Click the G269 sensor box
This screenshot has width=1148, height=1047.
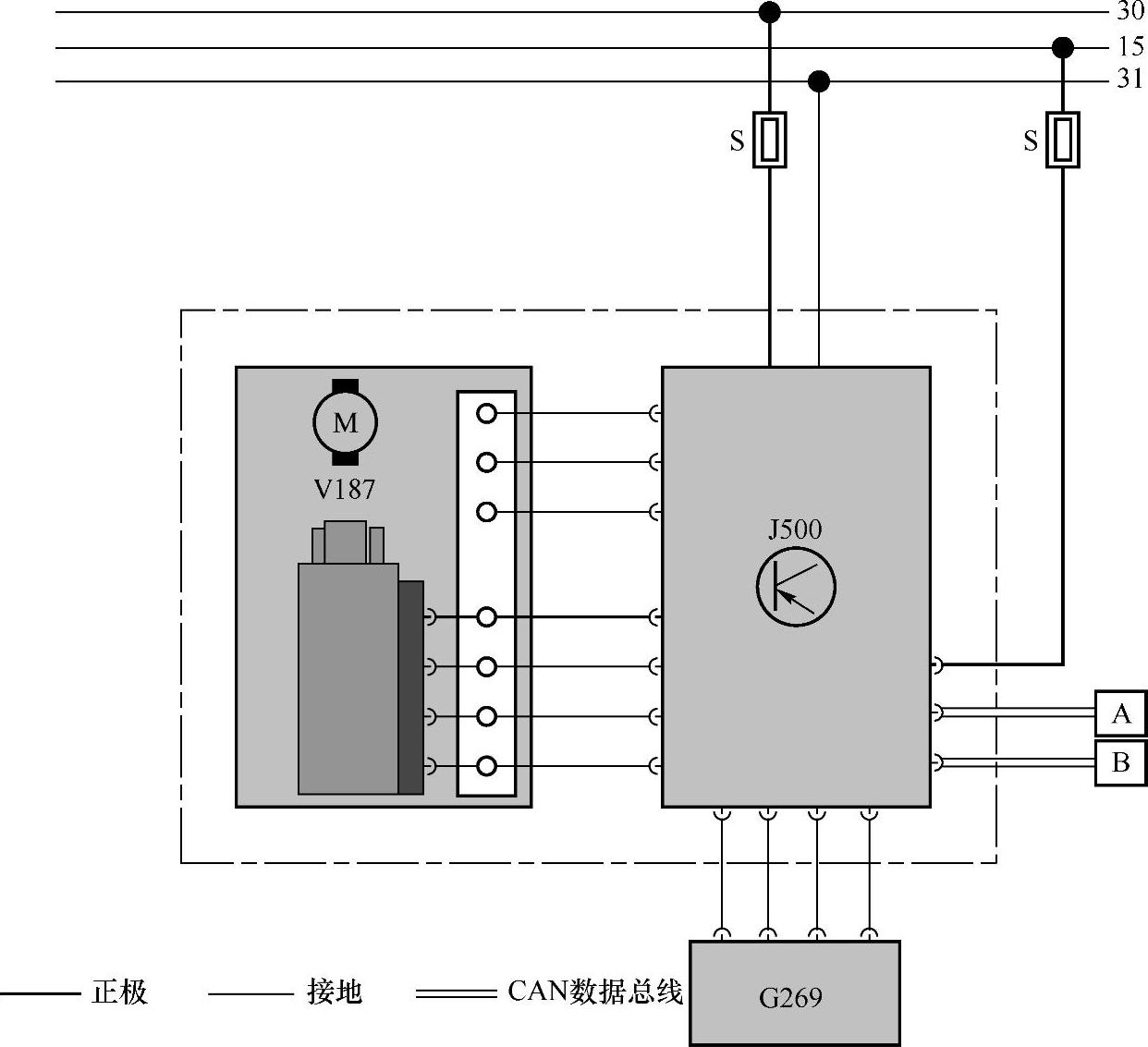pyautogui.click(x=794, y=993)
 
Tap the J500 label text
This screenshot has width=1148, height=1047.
pyautogui.click(x=795, y=530)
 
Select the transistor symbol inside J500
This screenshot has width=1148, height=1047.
pyautogui.click(x=796, y=587)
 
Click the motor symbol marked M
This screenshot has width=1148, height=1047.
pyautogui.click(x=345, y=422)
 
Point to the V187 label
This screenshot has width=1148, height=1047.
pyautogui.click(x=345, y=489)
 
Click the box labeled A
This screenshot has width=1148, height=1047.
pyautogui.click(x=1120, y=713)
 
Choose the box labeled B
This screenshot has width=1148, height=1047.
pyautogui.click(x=1120, y=762)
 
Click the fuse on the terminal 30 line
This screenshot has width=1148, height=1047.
pyautogui.click(x=770, y=140)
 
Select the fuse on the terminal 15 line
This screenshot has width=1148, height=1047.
pyautogui.click(x=1063, y=140)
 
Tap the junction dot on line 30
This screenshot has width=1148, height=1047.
pyautogui.click(x=769, y=12)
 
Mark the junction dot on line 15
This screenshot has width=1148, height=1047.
pyautogui.click(x=1063, y=47)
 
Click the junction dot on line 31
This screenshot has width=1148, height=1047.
pyautogui.click(x=818, y=82)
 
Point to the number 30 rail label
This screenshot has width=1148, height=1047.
pyautogui.click(x=1130, y=11)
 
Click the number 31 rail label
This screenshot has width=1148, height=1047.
pyautogui.click(x=1130, y=79)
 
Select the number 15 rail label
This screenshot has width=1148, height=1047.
pyautogui.click(x=1130, y=46)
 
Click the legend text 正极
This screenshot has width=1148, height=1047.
pyautogui.click(x=120, y=992)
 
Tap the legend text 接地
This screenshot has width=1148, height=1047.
pyautogui.click(x=335, y=992)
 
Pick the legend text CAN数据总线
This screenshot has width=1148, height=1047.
pyautogui.click(x=595, y=992)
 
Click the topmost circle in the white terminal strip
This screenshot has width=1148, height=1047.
pyautogui.click(x=486, y=413)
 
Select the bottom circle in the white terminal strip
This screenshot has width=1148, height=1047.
pyautogui.click(x=486, y=766)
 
